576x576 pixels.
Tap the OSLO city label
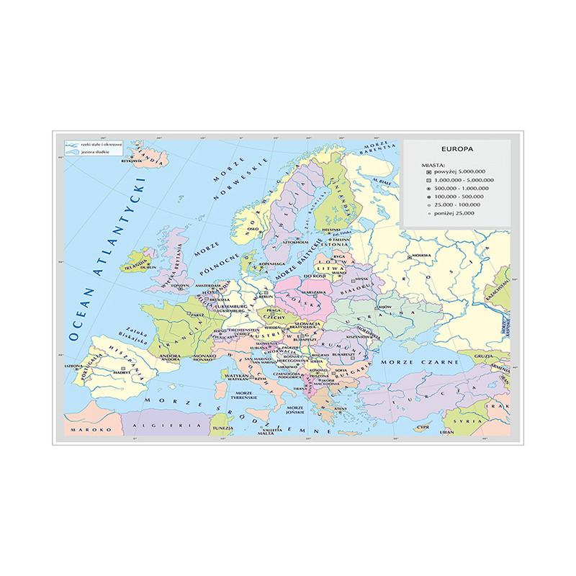(253, 232)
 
